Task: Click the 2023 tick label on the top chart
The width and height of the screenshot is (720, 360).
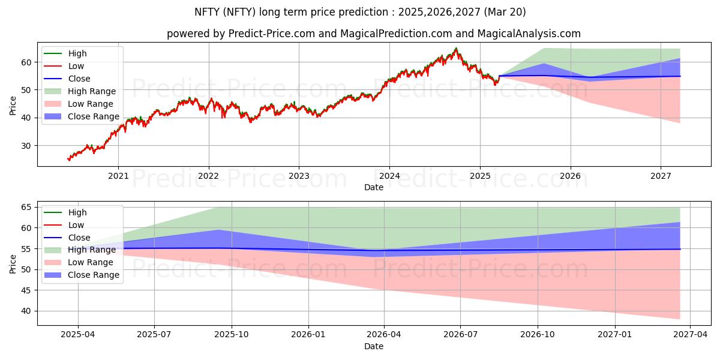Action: coord(299,176)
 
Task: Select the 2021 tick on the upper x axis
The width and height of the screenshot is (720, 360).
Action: coord(118,176)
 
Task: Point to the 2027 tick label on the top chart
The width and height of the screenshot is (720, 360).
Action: coord(661,176)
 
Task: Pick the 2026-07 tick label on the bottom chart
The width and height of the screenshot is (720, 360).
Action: coord(460,335)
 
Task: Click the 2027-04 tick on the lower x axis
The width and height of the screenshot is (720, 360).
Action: coord(690,335)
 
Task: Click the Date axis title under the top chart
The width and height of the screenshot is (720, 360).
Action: coord(373,187)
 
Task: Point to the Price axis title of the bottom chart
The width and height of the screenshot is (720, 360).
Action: coord(13,263)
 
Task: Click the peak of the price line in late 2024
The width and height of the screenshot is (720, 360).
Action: coord(456,48)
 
